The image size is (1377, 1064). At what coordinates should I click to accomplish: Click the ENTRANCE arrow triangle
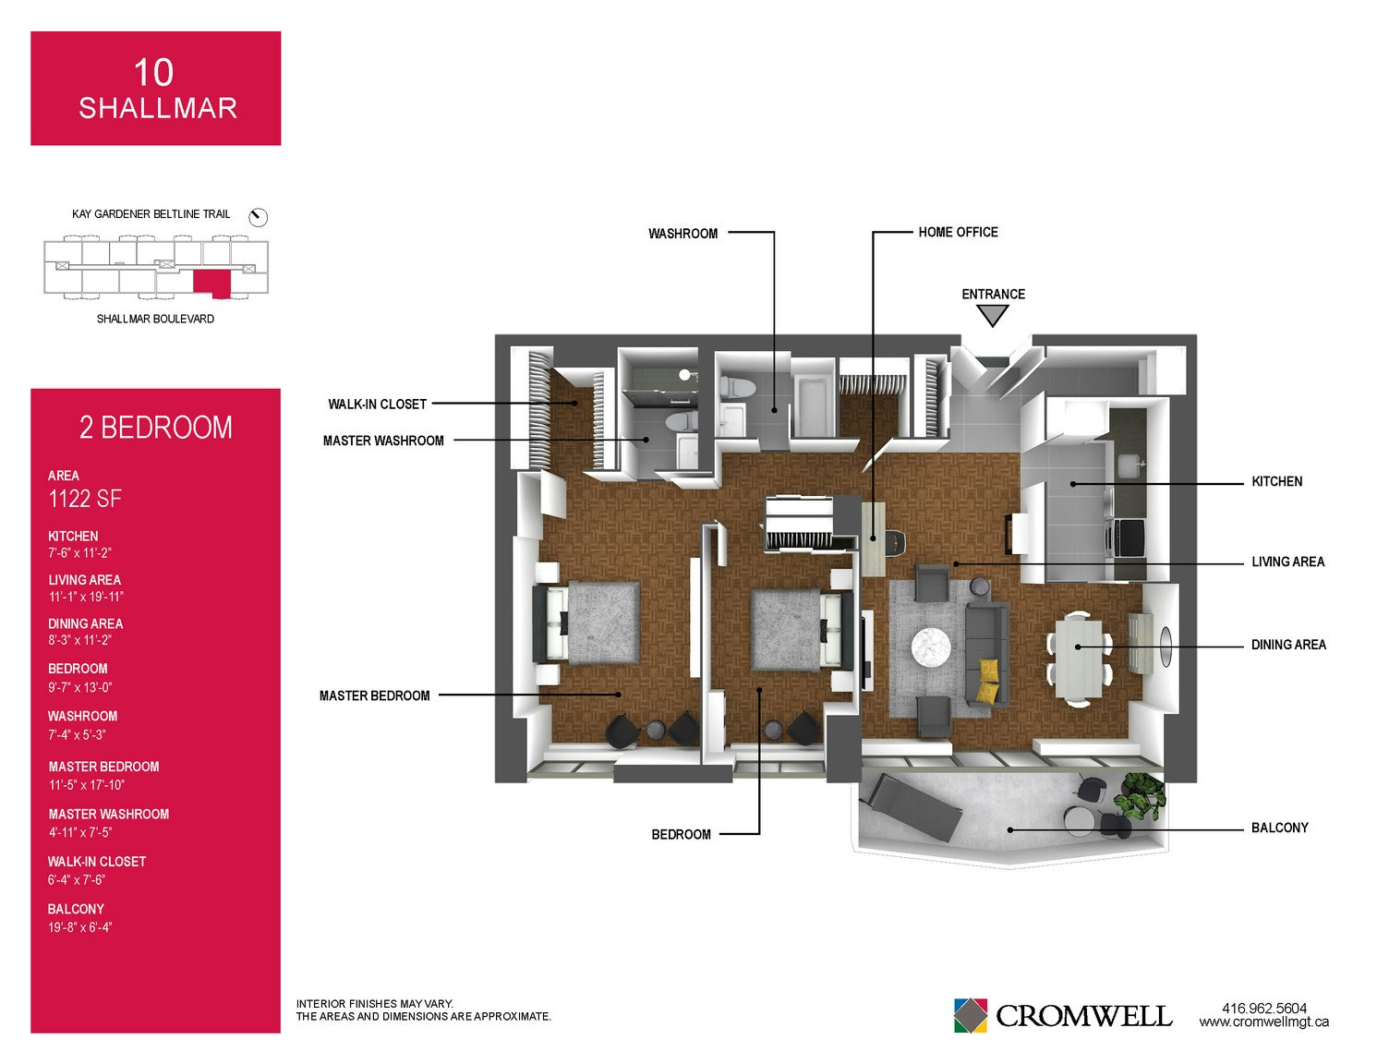coord(992,315)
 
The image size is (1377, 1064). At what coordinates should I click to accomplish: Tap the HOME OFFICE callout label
coord(958,233)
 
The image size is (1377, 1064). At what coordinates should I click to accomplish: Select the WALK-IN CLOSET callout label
coord(377,405)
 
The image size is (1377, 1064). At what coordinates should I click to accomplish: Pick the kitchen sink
coord(1127,465)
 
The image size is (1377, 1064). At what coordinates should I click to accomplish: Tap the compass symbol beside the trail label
coord(258,217)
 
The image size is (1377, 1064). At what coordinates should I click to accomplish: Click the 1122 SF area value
coord(85,500)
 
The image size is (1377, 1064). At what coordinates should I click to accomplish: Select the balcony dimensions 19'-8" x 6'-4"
coord(79,927)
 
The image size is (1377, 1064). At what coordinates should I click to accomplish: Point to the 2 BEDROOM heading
coord(155,428)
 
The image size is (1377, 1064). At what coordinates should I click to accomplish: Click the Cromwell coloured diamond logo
coord(970,1015)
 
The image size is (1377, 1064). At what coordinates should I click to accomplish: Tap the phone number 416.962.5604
coord(1264,1009)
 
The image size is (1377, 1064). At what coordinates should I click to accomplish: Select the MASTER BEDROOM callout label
coord(375,695)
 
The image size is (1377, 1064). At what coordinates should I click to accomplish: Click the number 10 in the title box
coord(153,72)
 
